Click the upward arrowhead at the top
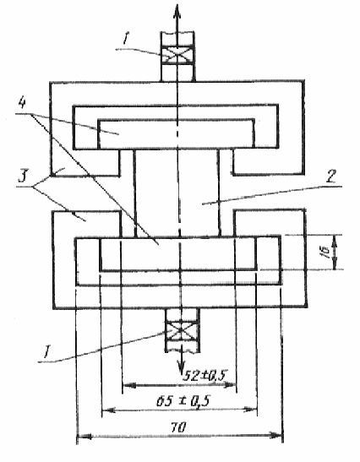pyautogui.click(x=177, y=14)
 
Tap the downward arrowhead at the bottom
pyautogui.click(x=181, y=367)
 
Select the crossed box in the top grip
pyautogui.click(x=177, y=55)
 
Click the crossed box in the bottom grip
pyautogui.click(x=182, y=331)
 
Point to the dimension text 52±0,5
pyautogui.click(x=205, y=375)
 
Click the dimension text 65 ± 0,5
pyautogui.click(x=183, y=401)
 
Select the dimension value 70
pyautogui.click(x=178, y=427)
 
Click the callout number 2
pyautogui.click(x=331, y=177)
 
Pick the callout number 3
pyautogui.click(x=23, y=177)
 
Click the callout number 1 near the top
pyautogui.click(x=125, y=39)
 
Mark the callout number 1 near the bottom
pyautogui.click(x=46, y=352)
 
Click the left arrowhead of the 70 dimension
pyautogui.click(x=85, y=436)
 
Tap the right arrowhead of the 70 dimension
pyautogui.click(x=275, y=435)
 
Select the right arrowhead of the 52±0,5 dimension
pyautogui.click(x=230, y=385)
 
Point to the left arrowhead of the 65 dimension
pyautogui.click(x=108, y=410)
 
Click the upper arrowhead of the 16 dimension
pyautogui.click(x=335, y=241)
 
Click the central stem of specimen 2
pyautogui.click(x=177, y=193)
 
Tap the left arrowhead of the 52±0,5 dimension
pyautogui.click(x=129, y=385)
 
